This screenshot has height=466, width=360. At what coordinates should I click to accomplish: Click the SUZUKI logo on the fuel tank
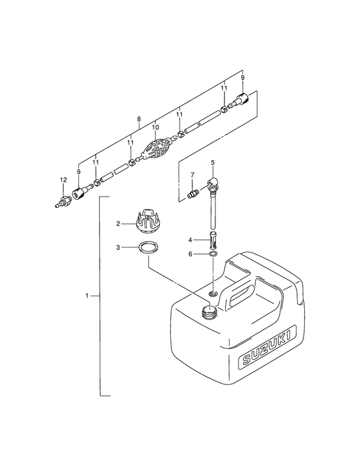point(267,346)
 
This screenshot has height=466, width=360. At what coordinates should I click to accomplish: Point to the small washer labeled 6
point(213,254)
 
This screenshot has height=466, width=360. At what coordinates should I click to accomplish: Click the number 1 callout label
point(87,296)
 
